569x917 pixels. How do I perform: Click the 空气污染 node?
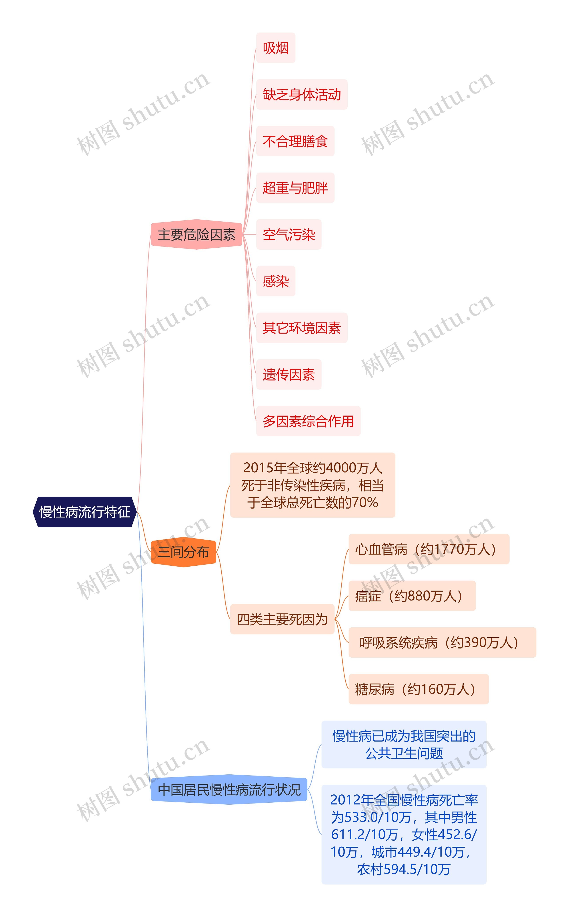coord(289,235)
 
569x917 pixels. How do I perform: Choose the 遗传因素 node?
coord(289,374)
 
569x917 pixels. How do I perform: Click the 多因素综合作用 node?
coord(308,421)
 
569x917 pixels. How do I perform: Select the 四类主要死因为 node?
coord(282,619)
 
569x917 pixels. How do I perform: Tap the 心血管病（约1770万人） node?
coord(429,549)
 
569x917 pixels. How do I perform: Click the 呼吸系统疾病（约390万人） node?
coord(442,642)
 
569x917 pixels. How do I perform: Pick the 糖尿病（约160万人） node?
coord(419,689)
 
